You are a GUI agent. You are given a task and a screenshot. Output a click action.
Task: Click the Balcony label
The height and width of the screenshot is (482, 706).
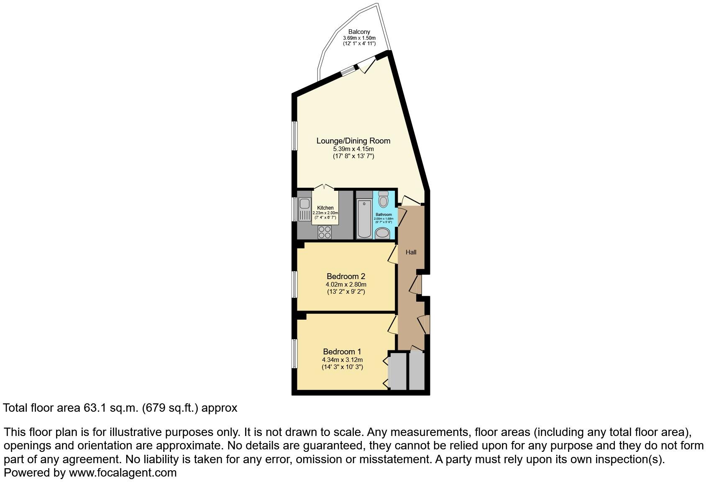359,32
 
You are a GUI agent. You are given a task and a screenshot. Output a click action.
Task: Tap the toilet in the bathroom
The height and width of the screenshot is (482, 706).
383,200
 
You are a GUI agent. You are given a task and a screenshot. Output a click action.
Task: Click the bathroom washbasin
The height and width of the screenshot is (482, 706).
382,233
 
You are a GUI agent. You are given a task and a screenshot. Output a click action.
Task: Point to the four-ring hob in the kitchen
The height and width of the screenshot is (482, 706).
325,232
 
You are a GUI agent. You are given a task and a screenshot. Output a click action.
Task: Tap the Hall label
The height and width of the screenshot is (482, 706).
411,252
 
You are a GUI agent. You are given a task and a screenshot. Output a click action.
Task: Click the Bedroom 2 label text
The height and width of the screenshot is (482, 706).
346,276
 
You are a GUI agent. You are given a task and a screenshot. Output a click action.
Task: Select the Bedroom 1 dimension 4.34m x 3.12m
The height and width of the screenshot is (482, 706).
342,360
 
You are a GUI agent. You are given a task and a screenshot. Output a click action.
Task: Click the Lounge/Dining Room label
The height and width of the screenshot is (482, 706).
353,141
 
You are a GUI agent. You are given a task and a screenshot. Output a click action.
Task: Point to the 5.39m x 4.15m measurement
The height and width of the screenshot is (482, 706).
353,149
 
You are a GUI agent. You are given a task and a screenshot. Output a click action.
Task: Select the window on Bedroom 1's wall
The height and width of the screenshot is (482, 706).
294,354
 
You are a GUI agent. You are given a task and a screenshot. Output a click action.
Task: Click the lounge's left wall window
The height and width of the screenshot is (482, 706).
294,136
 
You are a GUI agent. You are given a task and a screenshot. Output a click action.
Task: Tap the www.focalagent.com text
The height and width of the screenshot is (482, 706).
123,473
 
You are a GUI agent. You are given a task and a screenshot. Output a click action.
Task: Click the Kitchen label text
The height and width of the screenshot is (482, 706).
325,208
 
